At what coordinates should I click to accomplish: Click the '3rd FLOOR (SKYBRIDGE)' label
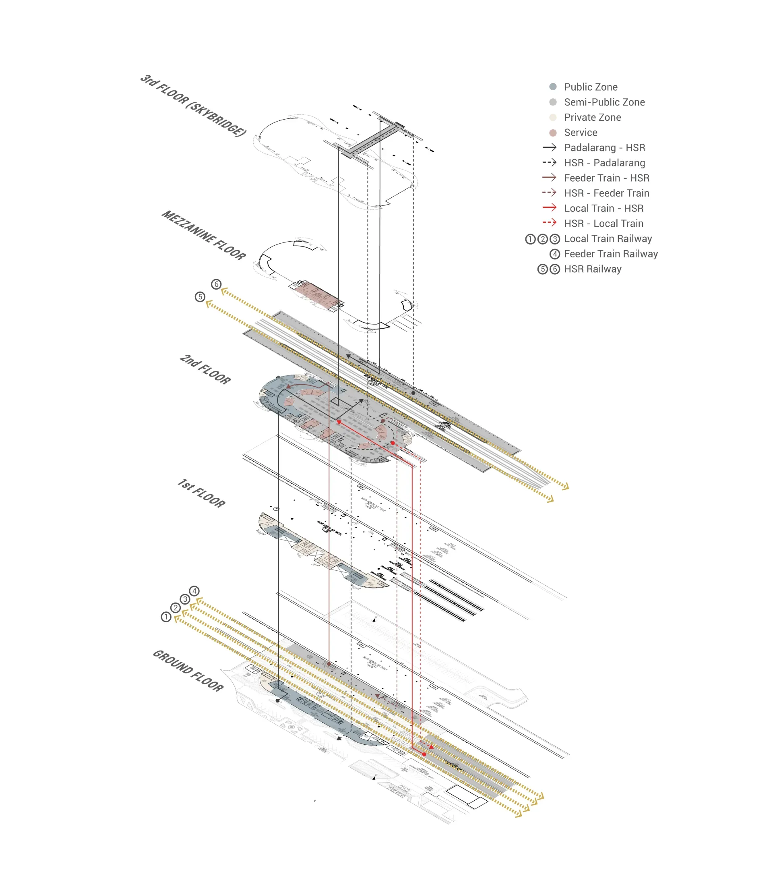click(193, 105)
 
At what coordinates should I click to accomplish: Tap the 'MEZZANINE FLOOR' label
click(203, 235)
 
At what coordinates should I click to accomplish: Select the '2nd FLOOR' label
click(205, 369)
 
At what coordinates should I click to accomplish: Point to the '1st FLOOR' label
click(201, 493)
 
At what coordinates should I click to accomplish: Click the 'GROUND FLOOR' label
click(188, 671)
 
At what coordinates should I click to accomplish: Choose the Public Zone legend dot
click(553, 87)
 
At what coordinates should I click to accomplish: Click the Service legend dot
click(553, 133)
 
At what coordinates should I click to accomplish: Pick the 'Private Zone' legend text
click(592, 118)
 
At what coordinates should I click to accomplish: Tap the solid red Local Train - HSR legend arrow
click(549, 208)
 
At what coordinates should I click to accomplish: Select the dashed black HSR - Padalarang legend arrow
click(549, 163)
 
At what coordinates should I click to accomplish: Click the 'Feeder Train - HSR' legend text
click(606, 178)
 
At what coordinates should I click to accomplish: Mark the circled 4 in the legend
click(554, 254)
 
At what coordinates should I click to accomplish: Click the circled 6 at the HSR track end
click(216, 284)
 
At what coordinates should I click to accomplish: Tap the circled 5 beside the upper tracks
click(200, 297)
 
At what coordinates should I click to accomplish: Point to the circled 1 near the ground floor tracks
click(166, 617)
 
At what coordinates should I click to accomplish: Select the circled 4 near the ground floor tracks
click(194, 591)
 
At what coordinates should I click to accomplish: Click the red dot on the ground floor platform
click(424, 754)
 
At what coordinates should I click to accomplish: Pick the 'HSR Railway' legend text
click(592, 269)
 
